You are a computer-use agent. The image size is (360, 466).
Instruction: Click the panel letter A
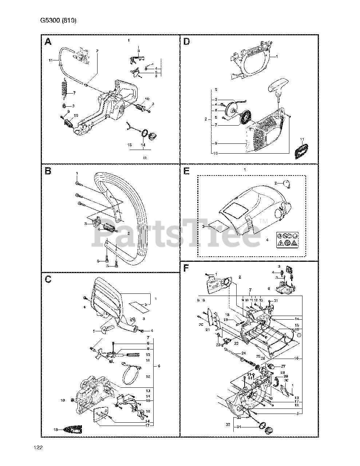pyautogui.click(x=48, y=42)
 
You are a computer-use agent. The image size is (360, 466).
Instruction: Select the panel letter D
pyautogui.click(x=186, y=42)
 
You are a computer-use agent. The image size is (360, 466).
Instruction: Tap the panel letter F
pyautogui.click(x=186, y=268)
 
